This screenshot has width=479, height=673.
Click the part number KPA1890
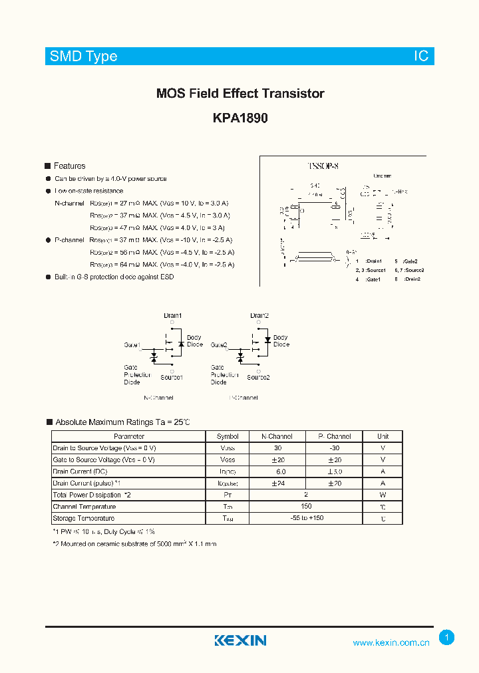240,118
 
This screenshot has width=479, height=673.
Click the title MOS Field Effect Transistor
240,94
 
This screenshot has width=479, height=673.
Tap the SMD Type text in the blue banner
84,57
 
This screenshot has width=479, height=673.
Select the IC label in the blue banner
421,57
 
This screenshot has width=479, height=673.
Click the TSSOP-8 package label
323,167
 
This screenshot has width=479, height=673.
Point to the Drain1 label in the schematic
172,315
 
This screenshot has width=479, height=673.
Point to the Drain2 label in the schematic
259,315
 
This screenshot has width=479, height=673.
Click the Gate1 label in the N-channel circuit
132,345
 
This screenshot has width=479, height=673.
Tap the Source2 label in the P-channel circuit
258,377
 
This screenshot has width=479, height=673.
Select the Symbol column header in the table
228,437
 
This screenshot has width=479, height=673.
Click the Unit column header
383,437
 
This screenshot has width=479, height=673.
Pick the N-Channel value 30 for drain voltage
277,448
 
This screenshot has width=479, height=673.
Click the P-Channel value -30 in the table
335,448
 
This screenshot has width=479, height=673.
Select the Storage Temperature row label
84,518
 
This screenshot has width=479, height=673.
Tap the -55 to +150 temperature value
306,517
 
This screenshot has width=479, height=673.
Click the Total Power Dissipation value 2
306,495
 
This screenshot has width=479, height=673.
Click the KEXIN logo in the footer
240,640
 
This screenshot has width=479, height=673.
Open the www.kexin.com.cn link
391,642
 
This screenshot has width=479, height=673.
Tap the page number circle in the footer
447,638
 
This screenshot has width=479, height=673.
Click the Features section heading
69,166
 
